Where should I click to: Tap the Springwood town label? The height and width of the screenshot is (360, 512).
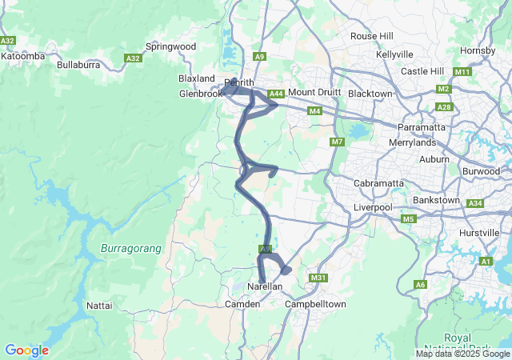(x=170, y=47)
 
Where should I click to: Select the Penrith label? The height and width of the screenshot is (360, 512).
(x=239, y=82)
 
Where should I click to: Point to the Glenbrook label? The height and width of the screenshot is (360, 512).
(x=200, y=94)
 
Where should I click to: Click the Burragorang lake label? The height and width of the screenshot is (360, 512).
(x=131, y=249)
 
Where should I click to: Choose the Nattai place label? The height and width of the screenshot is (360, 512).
(x=99, y=306)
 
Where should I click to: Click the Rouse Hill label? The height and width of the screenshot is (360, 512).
(x=372, y=36)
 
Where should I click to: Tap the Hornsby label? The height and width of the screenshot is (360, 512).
(x=478, y=51)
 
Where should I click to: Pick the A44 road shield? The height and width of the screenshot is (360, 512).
(x=275, y=94)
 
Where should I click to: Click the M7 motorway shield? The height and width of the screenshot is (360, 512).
(x=336, y=142)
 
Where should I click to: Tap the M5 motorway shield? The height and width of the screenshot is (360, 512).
(x=409, y=219)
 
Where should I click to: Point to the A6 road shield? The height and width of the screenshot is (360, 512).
(x=420, y=285)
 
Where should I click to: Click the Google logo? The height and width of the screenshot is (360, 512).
(x=26, y=350)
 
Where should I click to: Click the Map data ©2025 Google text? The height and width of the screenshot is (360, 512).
(x=462, y=354)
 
